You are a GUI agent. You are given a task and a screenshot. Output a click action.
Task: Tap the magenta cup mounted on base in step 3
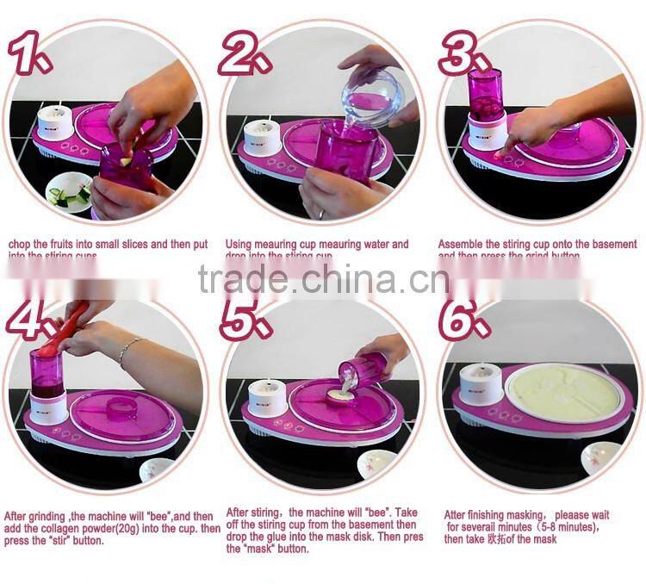pos(487,100)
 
